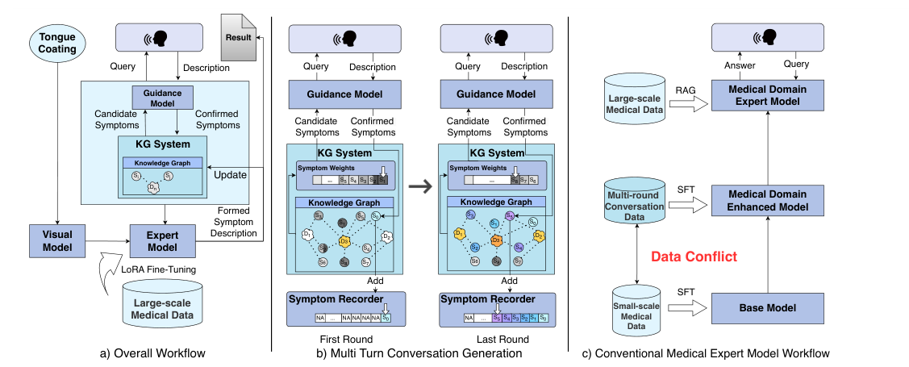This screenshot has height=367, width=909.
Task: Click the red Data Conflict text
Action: pyautogui.click(x=694, y=257)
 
